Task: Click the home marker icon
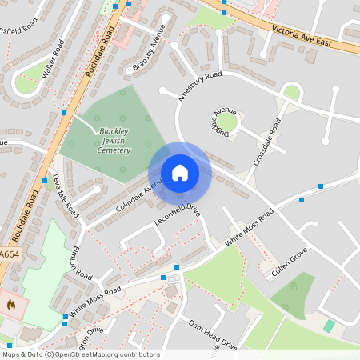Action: click(180, 173)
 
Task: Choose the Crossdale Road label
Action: click(267, 142)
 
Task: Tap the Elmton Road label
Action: click(81, 264)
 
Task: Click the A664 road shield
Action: click(9, 254)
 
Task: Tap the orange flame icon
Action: click(10, 304)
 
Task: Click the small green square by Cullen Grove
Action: click(329, 326)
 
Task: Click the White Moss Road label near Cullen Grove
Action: click(250, 227)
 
